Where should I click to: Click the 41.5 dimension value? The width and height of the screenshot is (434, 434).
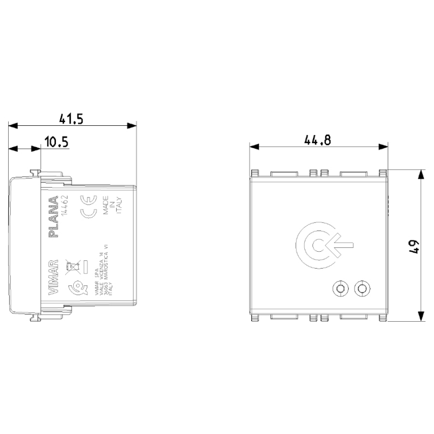tap(72, 119)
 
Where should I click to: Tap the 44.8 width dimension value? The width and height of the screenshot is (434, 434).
tap(317, 140)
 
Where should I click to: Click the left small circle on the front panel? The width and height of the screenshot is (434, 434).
tap(340, 289)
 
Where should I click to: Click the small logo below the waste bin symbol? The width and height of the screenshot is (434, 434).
tap(71, 287)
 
